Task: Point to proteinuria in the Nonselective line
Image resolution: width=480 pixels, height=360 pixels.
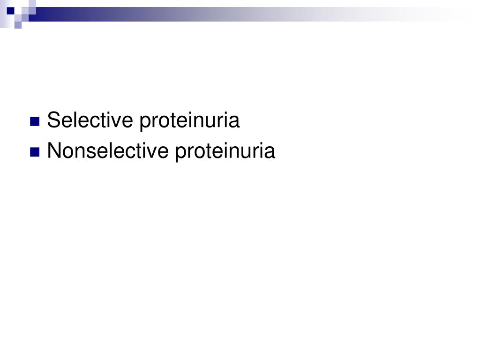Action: (225, 152)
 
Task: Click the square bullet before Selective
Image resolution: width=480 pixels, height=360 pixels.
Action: (34, 122)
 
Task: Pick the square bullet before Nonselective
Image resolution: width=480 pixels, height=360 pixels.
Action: (34, 152)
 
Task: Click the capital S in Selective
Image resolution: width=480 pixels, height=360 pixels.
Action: (52, 120)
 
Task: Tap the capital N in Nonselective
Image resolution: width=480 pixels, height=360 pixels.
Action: (53, 151)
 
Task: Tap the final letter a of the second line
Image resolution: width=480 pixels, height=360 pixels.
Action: (270, 152)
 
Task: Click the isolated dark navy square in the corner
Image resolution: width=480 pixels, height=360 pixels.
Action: (10, 10)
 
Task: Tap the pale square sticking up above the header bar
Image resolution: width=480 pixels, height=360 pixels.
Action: (32, 4)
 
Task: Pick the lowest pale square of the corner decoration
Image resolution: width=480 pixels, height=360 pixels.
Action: (18, 25)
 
